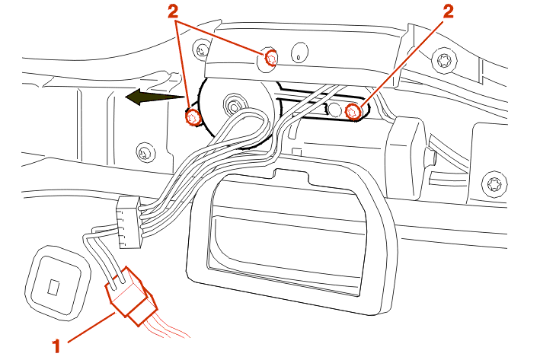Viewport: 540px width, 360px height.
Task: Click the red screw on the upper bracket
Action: tap(271, 57)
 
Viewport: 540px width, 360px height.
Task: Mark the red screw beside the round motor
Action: tap(193, 118)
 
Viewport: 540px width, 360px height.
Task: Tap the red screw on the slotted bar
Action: tap(353, 112)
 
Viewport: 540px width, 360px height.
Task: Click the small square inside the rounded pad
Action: tap(53, 288)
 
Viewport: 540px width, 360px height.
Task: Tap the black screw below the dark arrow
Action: tap(142, 152)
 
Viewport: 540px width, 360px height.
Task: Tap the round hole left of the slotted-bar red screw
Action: tap(332, 110)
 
